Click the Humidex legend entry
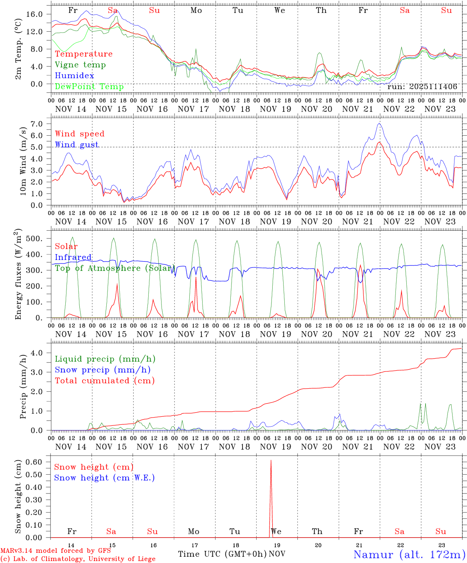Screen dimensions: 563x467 click(74, 76)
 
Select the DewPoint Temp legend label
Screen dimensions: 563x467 click(89, 87)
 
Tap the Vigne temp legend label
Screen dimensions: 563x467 click(80, 65)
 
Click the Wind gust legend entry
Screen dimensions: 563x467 click(77, 145)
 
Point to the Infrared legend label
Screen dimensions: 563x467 click(73, 257)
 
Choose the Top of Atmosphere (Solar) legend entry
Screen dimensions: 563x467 click(115, 268)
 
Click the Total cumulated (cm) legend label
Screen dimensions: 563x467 click(104, 381)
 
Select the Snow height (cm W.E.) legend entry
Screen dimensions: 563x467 click(104, 478)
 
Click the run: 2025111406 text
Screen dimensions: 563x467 click(422, 87)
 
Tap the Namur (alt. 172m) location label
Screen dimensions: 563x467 click(409, 554)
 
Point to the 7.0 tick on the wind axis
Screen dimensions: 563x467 click(40, 124)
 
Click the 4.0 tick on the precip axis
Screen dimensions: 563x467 click(40, 353)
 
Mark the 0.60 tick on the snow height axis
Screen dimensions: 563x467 click(37, 462)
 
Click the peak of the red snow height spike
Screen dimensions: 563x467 click(271, 461)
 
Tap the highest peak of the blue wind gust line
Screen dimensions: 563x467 click(379, 124)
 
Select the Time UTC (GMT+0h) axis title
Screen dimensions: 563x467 click(222, 554)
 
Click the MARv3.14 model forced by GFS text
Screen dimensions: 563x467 click(56, 551)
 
